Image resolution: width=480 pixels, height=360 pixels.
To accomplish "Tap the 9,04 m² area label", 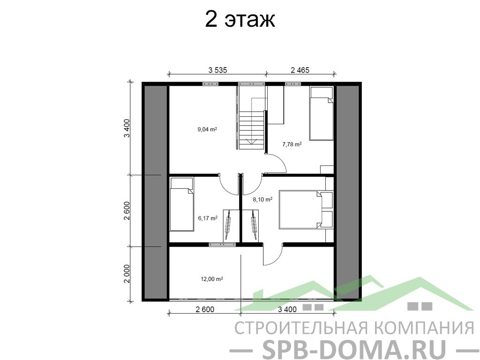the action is point(207,129).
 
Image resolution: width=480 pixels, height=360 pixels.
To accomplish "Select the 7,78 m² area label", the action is point(292,144).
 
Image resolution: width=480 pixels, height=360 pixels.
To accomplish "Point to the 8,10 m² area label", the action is point(262,199).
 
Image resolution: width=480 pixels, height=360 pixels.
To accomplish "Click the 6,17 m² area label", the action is point(208,218).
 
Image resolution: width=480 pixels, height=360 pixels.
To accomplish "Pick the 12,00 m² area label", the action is point(211,279).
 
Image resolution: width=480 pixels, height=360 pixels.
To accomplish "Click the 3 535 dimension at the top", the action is point(217,70).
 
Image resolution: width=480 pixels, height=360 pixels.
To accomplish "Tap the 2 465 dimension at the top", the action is point(300,70).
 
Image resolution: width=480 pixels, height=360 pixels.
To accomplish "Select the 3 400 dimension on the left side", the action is point(127,128).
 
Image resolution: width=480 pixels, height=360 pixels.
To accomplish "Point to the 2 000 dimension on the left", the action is point(127,274).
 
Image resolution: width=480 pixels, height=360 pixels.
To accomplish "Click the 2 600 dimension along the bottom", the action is point(205,309).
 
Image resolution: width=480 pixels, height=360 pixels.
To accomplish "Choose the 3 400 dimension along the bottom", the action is point(287,309).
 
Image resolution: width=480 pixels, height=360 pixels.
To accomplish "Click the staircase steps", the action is point(251,128).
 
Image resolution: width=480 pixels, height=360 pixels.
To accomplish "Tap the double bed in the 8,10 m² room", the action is point(306,210).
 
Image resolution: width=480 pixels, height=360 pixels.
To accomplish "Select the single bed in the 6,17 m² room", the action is point(182,204).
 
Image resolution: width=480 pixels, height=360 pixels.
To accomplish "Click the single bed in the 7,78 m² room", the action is point(321,113).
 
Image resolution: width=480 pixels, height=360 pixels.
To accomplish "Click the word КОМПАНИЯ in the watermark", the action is point(424,328).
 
